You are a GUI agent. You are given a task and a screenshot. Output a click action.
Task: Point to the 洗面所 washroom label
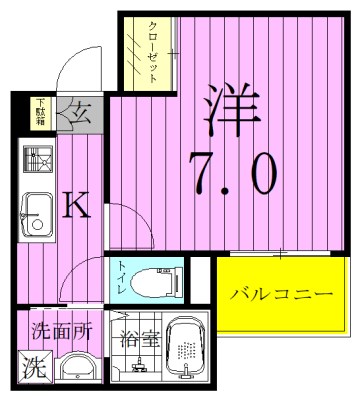tap(60, 332)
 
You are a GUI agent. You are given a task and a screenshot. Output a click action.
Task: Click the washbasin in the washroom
tap(78, 369)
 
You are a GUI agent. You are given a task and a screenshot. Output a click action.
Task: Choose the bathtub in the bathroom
tap(186, 351)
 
